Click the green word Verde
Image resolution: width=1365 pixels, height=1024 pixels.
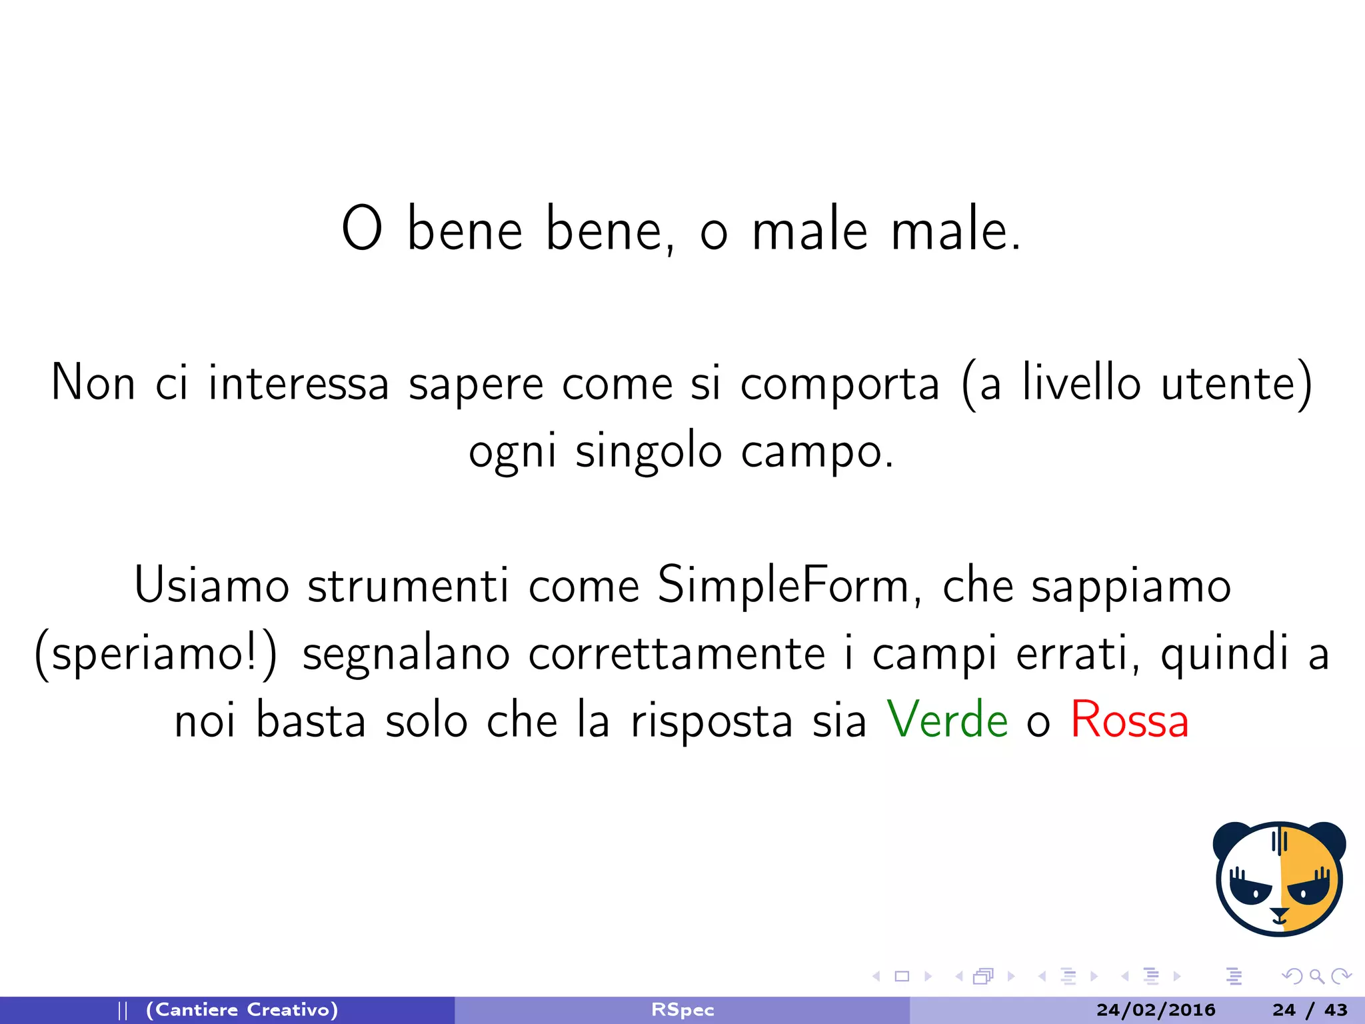click(x=947, y=720)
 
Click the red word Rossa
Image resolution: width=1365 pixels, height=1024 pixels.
click(x=1130, y=720)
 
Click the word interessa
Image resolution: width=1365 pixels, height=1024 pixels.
click(x=298, y=383)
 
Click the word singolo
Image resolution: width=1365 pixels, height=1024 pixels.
click(x=649, y=451)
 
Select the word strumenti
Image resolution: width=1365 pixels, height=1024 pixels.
click(x=408, y=585)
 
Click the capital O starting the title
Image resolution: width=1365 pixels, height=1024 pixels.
click(x=362, y=229)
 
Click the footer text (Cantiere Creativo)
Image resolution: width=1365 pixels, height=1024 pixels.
click(x=242, y=1010)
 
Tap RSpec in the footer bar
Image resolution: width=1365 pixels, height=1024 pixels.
click(x=682, y=1010)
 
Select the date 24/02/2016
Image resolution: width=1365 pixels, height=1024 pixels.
click(x=1156, y=1010)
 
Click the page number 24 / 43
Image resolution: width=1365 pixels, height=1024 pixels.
click(x=1310, y=1010)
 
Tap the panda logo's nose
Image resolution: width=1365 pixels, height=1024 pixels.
click(x=1279, y=915)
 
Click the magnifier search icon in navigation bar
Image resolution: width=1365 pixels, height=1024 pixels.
click(x=1316, y=977)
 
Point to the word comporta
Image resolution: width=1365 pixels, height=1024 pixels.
click(x=840, y=383)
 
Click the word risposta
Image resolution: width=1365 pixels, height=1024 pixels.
click(x=711, y=720)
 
